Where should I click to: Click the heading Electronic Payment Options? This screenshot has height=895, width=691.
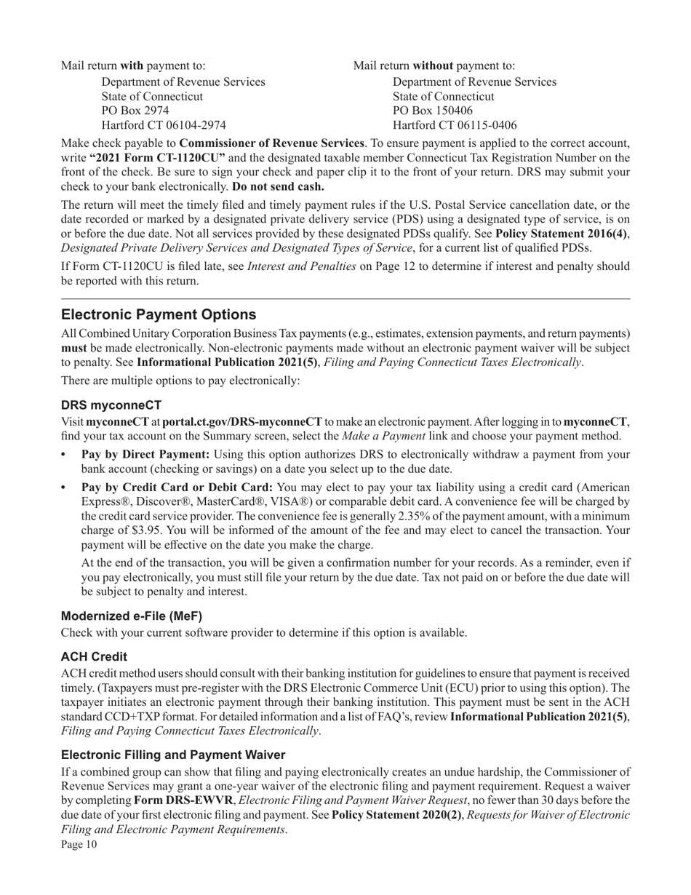(x=159, y=314)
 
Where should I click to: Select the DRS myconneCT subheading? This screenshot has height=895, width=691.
(x=111, y=405)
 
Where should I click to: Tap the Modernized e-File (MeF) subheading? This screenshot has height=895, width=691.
(x=132, y=616)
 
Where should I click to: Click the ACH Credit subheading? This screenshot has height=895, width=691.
(x=94, y=656)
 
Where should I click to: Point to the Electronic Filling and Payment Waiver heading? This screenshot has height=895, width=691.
(x=173, y=755)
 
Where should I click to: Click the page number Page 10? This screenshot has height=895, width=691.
(x=79, y=845)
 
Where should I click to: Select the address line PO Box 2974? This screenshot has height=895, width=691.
(x=135, y=111)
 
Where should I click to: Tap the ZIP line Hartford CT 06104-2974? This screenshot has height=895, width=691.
(x=164, y=125)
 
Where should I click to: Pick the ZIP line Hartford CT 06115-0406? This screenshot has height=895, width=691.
(x=455, y=125)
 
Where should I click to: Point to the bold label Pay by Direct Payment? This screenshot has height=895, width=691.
(x=145, y=454)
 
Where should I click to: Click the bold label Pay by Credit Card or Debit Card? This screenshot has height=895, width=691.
(x=177, y=488)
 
